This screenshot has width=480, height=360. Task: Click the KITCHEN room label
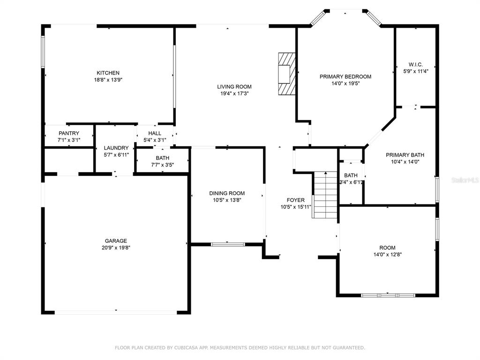(108, 73)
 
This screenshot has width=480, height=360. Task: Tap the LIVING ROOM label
(234, 87)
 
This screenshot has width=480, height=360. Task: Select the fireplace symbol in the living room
(287, 74)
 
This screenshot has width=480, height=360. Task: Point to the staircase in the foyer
(325, 195)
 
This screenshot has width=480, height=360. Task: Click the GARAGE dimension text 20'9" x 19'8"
(116, 247)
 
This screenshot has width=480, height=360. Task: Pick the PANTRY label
(69, 133)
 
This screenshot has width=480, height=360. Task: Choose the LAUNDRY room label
(116, 148)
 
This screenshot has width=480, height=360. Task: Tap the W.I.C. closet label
(415, 65)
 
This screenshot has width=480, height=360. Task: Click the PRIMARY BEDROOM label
(345, 76)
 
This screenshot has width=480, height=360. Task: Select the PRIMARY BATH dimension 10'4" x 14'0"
(405, 162)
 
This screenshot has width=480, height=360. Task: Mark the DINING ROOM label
(227, 193)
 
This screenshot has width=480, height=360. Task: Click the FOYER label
(295, 200)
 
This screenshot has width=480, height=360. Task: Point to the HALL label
(155, 133)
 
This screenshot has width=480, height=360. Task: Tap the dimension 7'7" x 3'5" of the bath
(162, 165)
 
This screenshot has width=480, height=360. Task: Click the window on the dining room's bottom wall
(228, 244)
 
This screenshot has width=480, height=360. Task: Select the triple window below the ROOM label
(388, 295)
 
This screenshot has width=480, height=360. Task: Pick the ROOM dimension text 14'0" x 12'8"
(388, 255)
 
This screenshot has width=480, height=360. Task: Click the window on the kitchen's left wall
(43, 52)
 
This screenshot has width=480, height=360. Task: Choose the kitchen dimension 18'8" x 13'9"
(108, 80)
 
